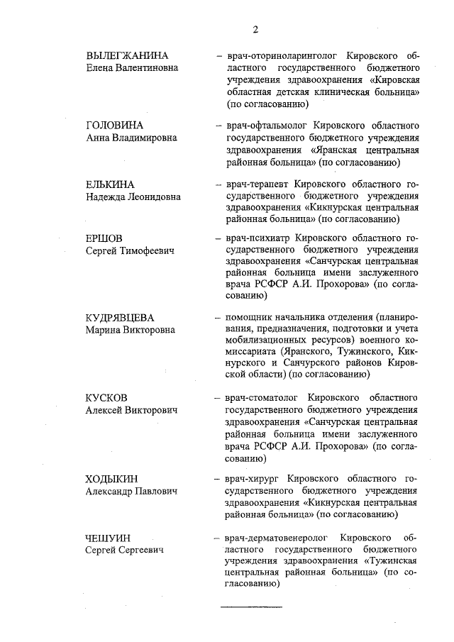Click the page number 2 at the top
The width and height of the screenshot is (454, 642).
[x=254, y=29]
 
